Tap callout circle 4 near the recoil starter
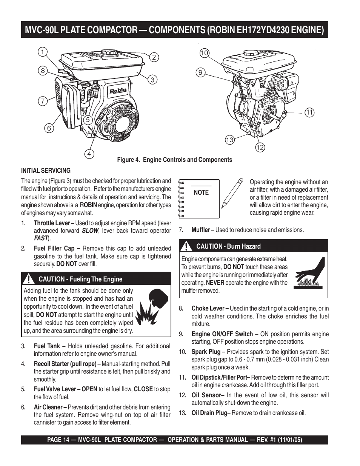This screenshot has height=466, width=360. pyautogui.click(x=89, y=154)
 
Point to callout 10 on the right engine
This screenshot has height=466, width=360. pyautogui.click(x=204, y=53)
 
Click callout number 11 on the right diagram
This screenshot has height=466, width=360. pyautogui.click(x=309, y=112)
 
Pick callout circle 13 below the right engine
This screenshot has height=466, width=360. pyautogui.click(x=229, y=140)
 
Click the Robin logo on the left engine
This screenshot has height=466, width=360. pyautogui.click(x=118, y=91)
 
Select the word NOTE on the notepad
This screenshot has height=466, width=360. pyautogui.click(x=201, y=192)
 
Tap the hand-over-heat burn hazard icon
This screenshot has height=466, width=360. pyautogui.click(x=309, y=274)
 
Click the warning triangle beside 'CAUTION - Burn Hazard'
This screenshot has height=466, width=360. pyautogui.click(x=186, y=246)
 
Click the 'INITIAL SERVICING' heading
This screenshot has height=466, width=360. pyautogui.click(x=46, y=171)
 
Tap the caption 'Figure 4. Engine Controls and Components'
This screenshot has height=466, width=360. pyautogui.click(x=174, y=160)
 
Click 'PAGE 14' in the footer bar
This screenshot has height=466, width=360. pyautogui.click(x=60, y=440)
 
